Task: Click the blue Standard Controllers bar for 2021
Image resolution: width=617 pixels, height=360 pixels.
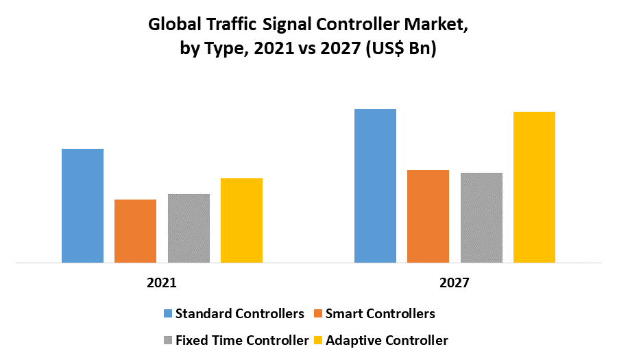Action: click(82, 206)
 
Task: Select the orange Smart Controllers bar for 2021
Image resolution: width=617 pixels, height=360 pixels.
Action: click(135, 231)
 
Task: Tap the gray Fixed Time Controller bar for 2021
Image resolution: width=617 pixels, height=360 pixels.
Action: click(189, 228)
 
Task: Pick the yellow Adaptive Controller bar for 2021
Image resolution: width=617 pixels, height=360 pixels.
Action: click(241, 220)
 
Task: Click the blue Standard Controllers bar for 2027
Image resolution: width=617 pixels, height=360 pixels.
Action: click(375, 186)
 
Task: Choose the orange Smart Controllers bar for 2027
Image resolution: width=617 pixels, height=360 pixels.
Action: click(428, 216)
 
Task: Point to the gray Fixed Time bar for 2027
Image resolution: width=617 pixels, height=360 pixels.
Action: click(481, 217)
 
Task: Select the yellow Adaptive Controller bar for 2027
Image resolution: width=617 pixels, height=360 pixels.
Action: click(534, 187)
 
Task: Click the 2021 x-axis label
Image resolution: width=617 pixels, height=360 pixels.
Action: click(162, 283)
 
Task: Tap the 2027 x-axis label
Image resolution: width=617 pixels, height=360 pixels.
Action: click(455, 283)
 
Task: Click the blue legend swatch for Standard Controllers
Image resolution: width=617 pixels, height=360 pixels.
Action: click(167, 314)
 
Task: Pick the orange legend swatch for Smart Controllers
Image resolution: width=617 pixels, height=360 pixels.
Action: click(317, 314)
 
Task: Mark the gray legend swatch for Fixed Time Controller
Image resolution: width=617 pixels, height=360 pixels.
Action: click(167, 340)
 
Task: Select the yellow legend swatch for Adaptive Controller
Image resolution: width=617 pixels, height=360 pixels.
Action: click(317, 340)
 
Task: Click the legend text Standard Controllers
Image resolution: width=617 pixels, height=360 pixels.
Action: click(239, 314)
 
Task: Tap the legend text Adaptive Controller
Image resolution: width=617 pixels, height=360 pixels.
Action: click(387, 340)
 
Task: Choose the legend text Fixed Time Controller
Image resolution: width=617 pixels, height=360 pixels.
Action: click(242, 340)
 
